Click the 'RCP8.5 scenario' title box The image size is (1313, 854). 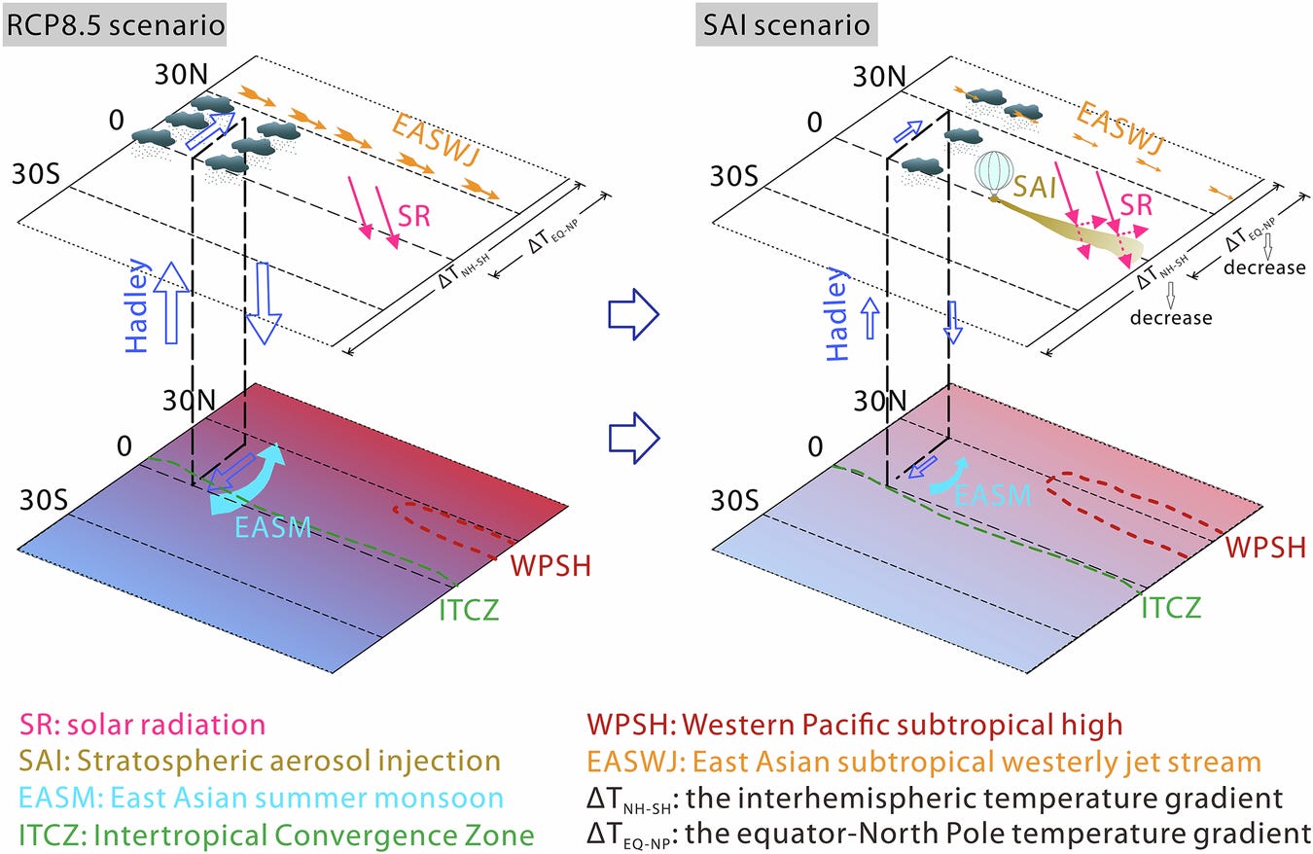click(116, 25)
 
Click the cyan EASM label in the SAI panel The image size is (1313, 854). click(992, 494)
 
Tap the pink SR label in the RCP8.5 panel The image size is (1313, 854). click(413, 216)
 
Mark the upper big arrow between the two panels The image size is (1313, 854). click(633, 313)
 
